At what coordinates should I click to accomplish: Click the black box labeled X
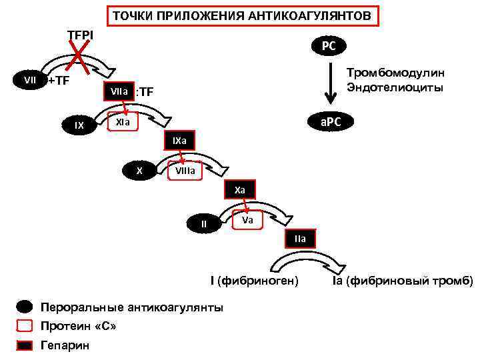click(x=139, y=171)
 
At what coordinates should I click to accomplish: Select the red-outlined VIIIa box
click(x=185, y=171)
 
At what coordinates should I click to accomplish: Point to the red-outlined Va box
click(x=247, y=219)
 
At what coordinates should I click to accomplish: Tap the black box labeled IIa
click(x=299, y=239)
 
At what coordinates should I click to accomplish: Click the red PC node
click(x=329, y=46)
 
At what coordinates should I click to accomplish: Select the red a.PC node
click(x=329, y=122)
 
